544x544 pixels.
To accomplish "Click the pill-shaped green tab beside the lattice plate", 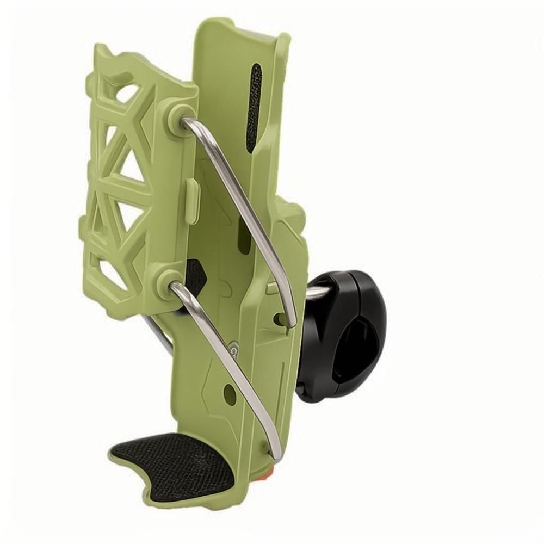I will click(x=192, y=201).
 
